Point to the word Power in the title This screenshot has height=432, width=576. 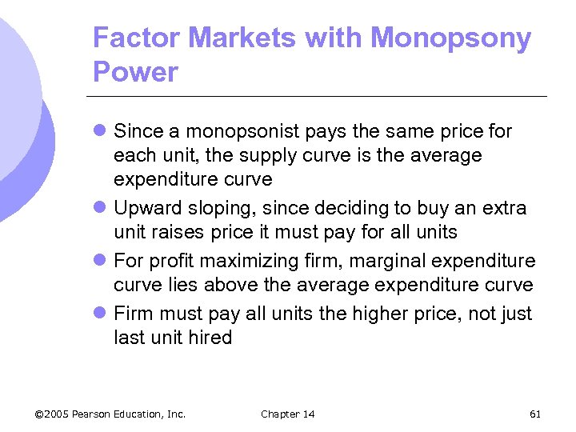click(x=135, y=72)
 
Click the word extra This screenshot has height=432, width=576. click(x=502, y=208)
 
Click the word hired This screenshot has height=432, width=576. click(x=210, y=338)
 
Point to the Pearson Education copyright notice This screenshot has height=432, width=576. click(x=110, y=414)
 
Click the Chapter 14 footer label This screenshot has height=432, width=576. click(x=288, y=414)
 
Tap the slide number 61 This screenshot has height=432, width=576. click(x=535, y=414)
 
